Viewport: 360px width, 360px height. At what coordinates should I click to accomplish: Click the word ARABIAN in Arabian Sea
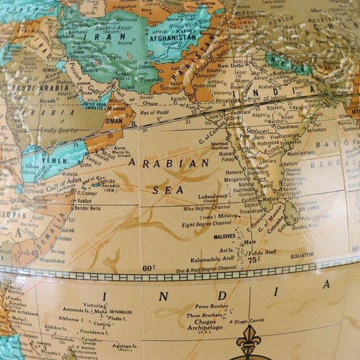[x=169, y=164]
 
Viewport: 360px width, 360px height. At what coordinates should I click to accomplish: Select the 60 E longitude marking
[x=148, y=268]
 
